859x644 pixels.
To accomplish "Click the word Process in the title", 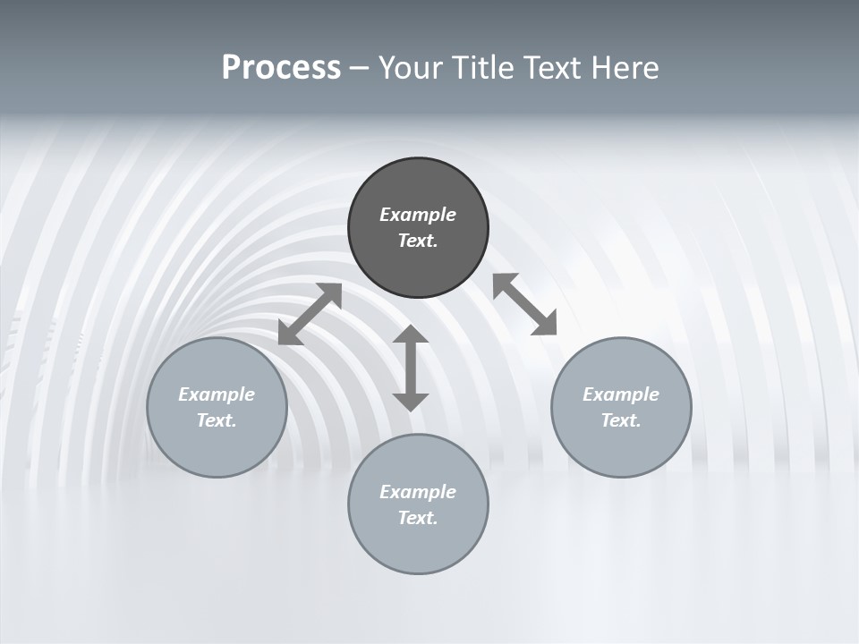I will [x=281, y=68].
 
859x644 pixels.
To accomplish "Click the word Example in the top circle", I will [x=418, y=215].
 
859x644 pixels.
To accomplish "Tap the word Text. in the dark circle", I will [x=418, y=241].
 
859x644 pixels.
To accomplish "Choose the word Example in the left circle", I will [x=217, y=394].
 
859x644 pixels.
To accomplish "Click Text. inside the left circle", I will [x=217, y=420].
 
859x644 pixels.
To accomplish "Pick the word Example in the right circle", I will [x=621, y=394].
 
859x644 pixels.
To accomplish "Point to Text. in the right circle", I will [x=621, y=420].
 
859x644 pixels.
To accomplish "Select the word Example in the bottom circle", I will [x=418, y=492].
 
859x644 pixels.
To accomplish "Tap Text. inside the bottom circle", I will [x=418, y=518].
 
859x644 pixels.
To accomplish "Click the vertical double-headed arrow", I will [x=411, y=368].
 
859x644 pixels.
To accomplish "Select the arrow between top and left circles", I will [x=310, y=314].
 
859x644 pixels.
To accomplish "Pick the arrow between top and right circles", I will [x=525, y=304].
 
